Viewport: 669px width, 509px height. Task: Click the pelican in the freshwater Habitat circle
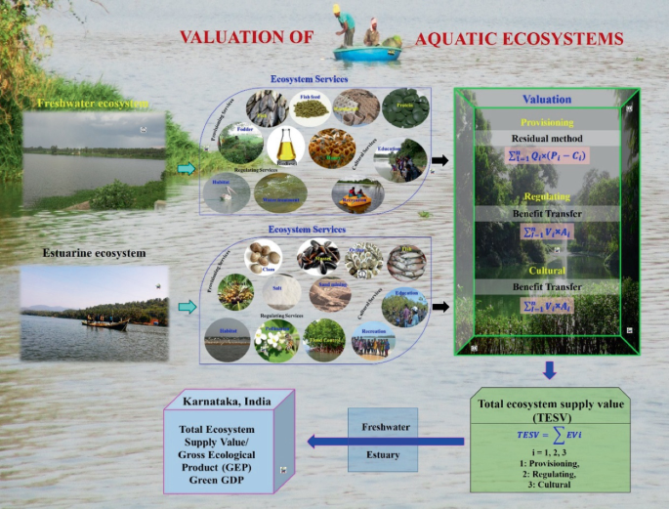pos(224,189)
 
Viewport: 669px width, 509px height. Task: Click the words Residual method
pos(539,138)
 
